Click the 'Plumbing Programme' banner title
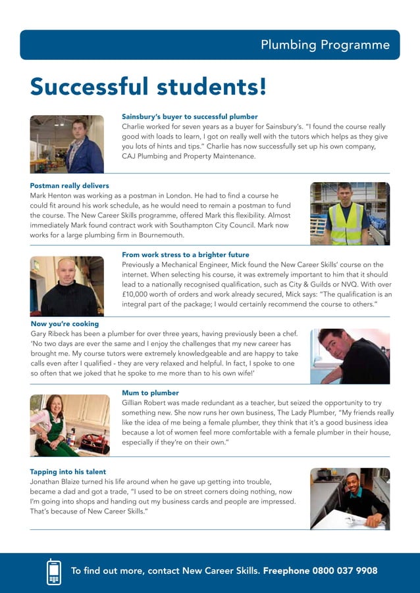[x=325, y=45]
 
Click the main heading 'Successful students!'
[x=148, y=85]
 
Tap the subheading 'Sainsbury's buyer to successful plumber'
[x=190, y=116]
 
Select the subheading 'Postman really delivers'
[x=69, y=186]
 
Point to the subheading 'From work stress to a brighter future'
[x=186, y=254]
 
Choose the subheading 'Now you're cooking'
[x=65, y=324]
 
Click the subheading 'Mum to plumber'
[x=150, y=393]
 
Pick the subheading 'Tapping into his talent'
[x=68, y=472]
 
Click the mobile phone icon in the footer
[x=54, y=571]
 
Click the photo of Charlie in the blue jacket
[x=66, y=144]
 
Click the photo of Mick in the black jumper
[x=66, y=286]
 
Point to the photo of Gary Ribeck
[x=350, y=356]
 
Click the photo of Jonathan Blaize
[x=350, y=498]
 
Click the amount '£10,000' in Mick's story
[x=139, y=295]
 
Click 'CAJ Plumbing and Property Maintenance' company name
[x=189, y=156]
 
